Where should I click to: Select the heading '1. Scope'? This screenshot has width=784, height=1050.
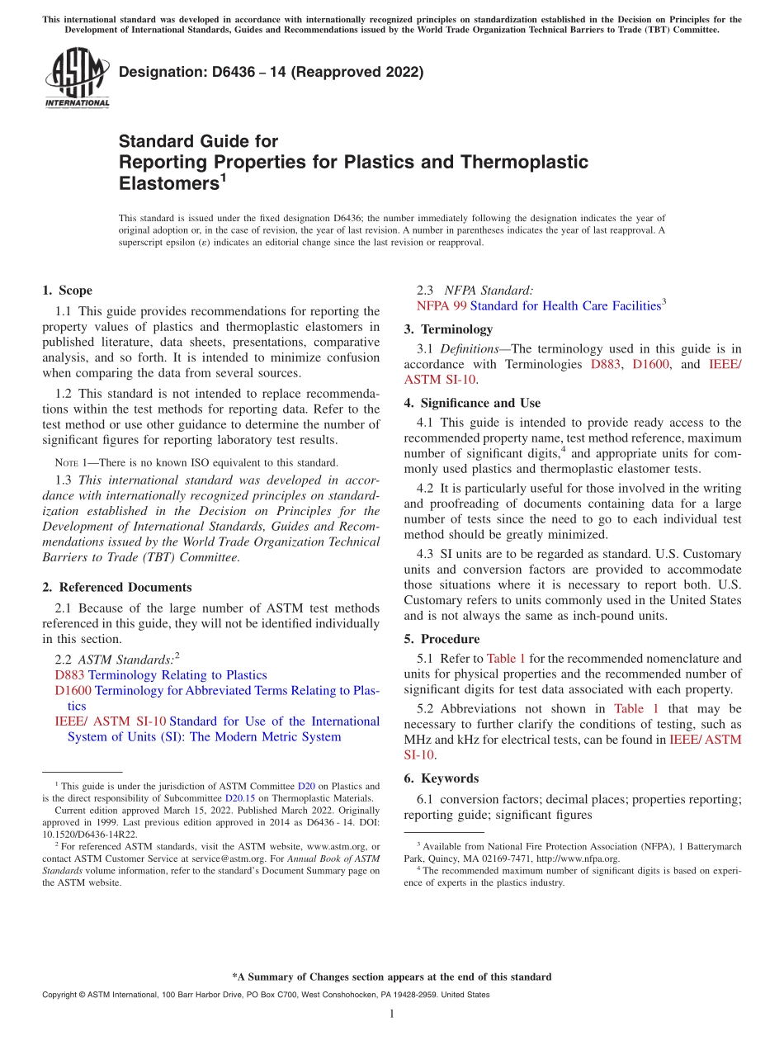(68, 291)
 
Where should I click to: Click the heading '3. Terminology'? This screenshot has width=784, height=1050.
(448, 329)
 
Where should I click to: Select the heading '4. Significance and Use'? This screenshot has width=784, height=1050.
(472, 404)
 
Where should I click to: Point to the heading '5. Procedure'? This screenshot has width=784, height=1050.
(442, 639)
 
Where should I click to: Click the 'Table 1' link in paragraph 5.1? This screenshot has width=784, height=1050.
(506, 659)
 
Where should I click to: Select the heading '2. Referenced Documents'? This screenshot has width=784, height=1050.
(117, 588)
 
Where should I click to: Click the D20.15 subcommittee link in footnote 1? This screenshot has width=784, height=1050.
(237, 798)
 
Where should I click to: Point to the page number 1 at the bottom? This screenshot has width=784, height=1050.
(392, 1014)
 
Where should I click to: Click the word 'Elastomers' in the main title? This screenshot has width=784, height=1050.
(168, 182)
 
